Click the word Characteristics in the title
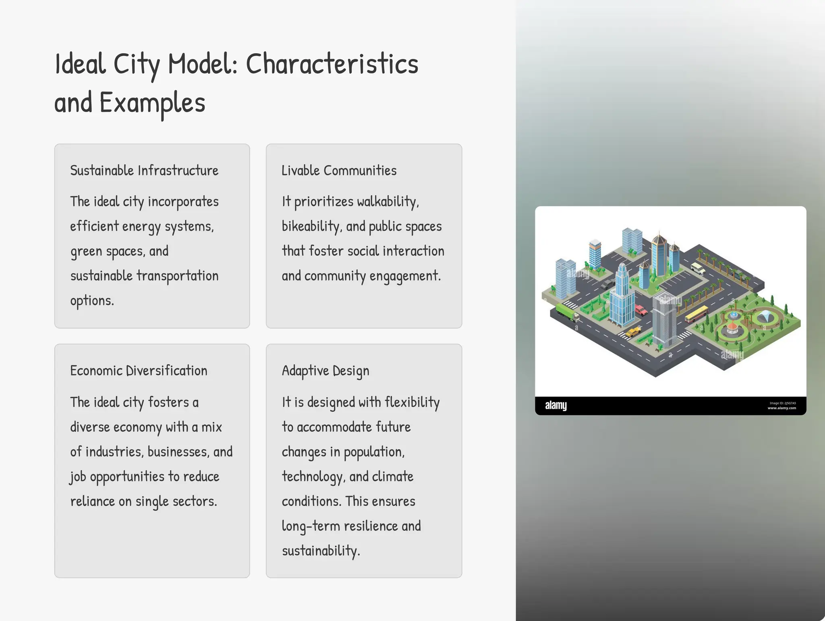(332, 65)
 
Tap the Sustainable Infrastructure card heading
(144, 171)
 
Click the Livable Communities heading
(339, 171)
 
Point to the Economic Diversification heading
(139, 371)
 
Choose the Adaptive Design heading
(325, 371)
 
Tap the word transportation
(177, 276)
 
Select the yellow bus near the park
(696, 314)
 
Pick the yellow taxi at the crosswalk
(633, 331)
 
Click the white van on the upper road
(698, 268)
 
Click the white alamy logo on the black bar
(556, 406)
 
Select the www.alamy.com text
(781, 408)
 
